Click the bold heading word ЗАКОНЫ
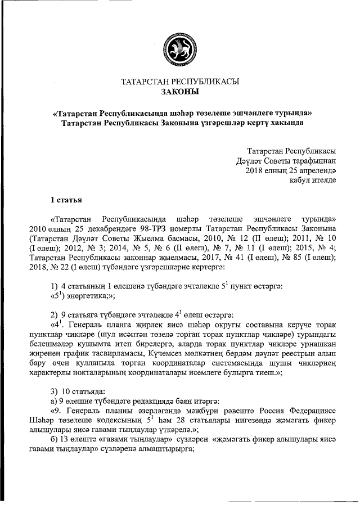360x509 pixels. coord(180,92)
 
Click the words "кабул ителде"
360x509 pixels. coord(313,181)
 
